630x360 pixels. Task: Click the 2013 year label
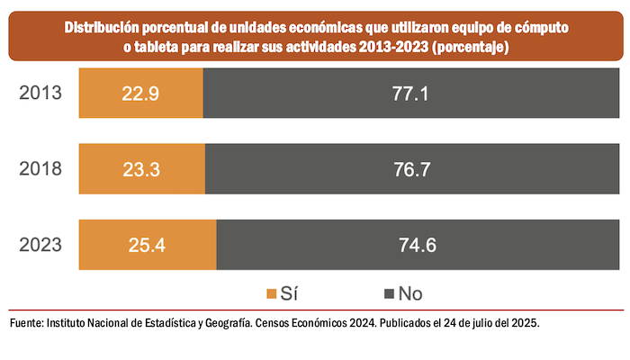pos(40,92)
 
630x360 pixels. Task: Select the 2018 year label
pos(40,168)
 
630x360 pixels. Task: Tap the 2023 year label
pos(40,245)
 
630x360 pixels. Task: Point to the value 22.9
pos(141,92)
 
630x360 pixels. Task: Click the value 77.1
pos(410,92)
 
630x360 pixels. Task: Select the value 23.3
pos(141,168)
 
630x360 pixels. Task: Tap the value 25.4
pos(148,245)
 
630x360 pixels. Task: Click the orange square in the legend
pos(272,293)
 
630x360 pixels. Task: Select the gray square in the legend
pos(390,293)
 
